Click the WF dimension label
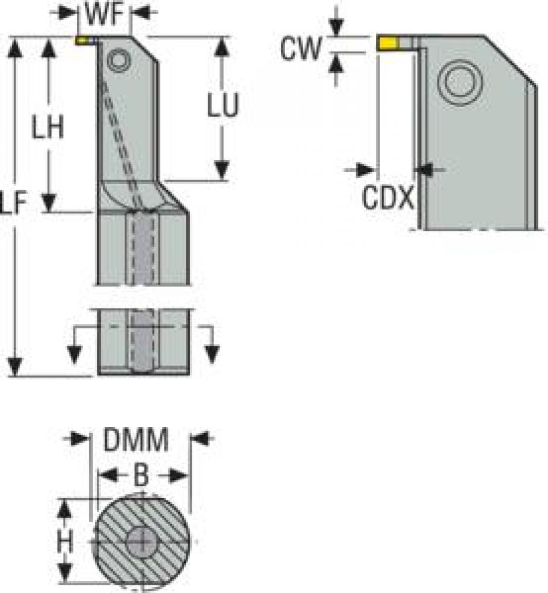click(x=104, y=14)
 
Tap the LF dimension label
click(x=14, y=202)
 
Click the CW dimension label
click(x=300, y=48)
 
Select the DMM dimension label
click(x=136, y=439)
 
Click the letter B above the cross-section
click(x=141, y=475)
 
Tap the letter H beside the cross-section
click(x=65, y=542)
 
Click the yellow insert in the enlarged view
click(x=388, y=43)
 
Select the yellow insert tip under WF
click(x=82, y=40)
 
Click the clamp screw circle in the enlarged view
click(x=460, y=82)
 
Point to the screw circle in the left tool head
click(x=119, y=60)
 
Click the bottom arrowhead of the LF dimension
click(x=14, y=366)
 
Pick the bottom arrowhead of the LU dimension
click(x=221, y=171)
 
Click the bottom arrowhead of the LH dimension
click(x=49, y=202)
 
